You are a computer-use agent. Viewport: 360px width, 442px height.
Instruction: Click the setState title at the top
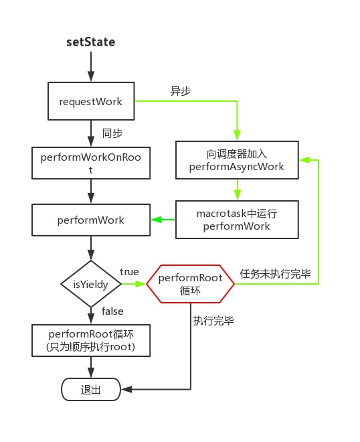click(x=91, y=42)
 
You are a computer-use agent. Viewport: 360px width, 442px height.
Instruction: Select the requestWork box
click(x=91, y=101)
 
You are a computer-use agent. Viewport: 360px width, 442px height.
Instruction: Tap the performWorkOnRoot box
click(x=91, y=163)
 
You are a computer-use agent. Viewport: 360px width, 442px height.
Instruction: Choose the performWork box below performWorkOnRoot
click(x=91, y=220)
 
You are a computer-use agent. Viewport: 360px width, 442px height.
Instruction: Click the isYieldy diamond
click(x=91, y=284)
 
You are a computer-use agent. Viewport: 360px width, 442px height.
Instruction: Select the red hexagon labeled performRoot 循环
click(x=191, y=284)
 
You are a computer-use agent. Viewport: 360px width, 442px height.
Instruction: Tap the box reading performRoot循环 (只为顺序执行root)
click(x=91, y=340)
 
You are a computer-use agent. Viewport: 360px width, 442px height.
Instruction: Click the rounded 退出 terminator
click(x=91, y=390)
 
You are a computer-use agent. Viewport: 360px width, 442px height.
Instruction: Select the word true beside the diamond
click(x=129, y=272)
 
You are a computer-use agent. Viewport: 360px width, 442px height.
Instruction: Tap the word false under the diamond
click(x=112, y=311)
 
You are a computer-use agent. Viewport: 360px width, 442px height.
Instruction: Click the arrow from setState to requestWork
click(x=91, y=68)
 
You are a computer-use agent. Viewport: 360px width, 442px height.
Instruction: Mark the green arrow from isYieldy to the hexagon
click(x=134, y=284)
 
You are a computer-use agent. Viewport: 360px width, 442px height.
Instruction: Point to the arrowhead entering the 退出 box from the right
click(x=126, y=390)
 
